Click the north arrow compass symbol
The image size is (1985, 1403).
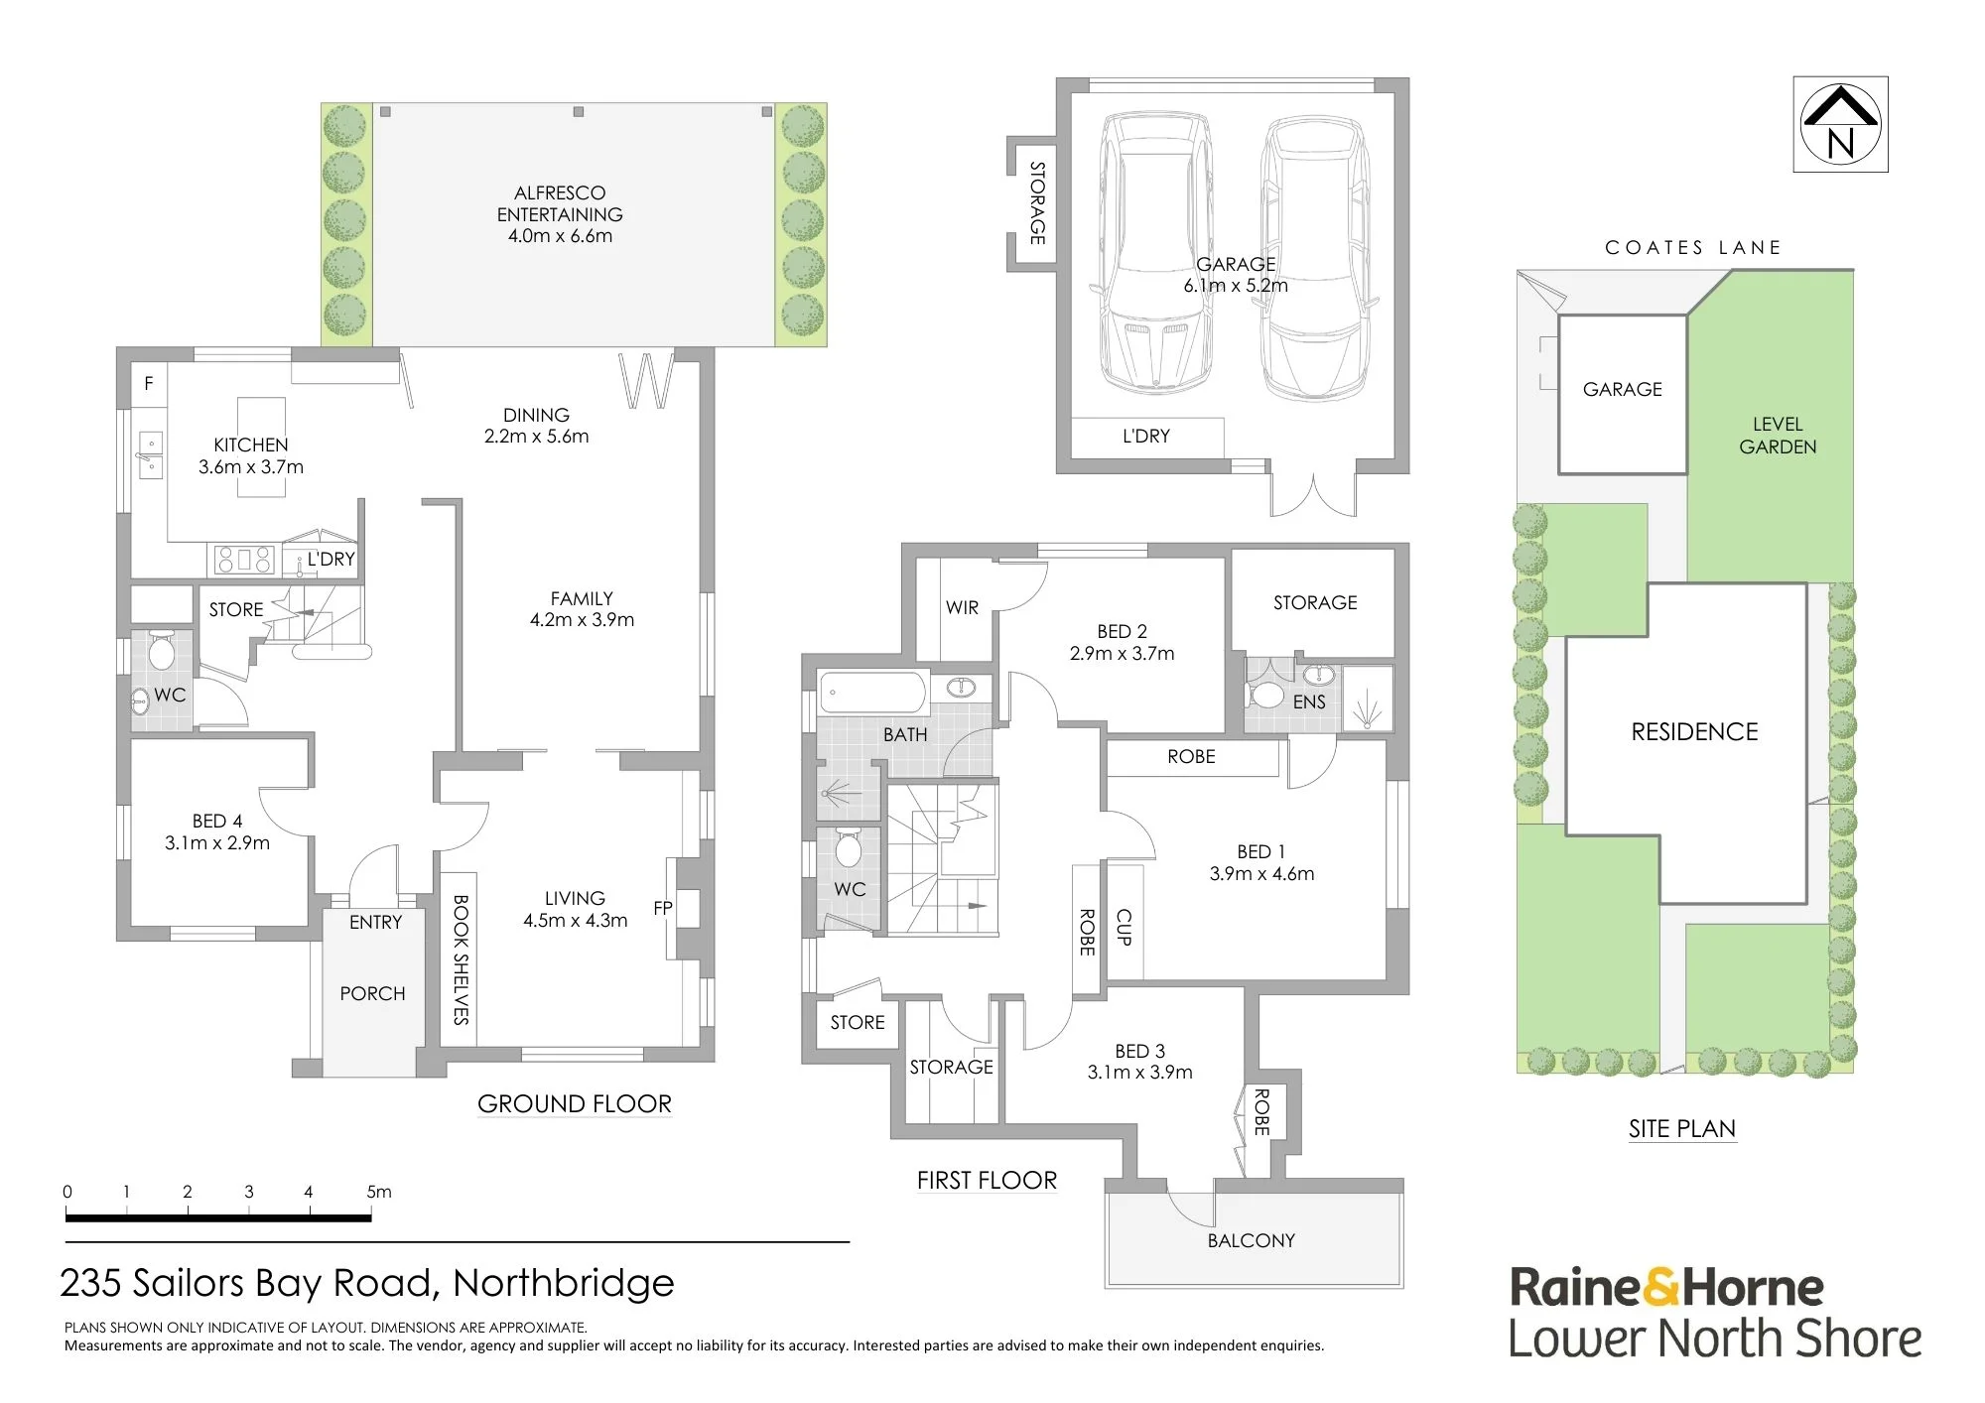click(x=1840, y=124)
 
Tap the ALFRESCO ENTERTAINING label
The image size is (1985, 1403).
click(x=560, y=203)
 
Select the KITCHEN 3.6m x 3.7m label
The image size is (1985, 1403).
click(x=251, y=455)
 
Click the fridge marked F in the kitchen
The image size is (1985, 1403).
click(x=149, y=384)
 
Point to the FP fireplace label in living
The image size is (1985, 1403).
click(x=663, y=908)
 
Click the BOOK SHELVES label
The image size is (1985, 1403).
click(x=461, y=958)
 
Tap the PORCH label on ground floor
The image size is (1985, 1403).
click(x=372, y=993)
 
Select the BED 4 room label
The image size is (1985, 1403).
click(x=217, y=831)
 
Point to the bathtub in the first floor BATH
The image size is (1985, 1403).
click(x=873, y=692)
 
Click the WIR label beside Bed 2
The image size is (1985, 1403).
click(x=962, y=607)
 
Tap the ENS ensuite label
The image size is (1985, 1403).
click(x=1309, y=701)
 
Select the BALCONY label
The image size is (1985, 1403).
click(x=1251, y=1240)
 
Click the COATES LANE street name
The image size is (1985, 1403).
click(x=1693, y=247)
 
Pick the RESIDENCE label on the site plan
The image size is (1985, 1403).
click(x=1694, y=732)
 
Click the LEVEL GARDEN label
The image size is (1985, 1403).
click(x=1778, y=436)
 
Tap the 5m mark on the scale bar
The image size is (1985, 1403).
click(x=378, y=1192)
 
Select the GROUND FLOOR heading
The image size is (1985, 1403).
click(x=575, y=1103)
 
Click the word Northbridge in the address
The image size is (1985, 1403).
click(x=564, y=1283)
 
